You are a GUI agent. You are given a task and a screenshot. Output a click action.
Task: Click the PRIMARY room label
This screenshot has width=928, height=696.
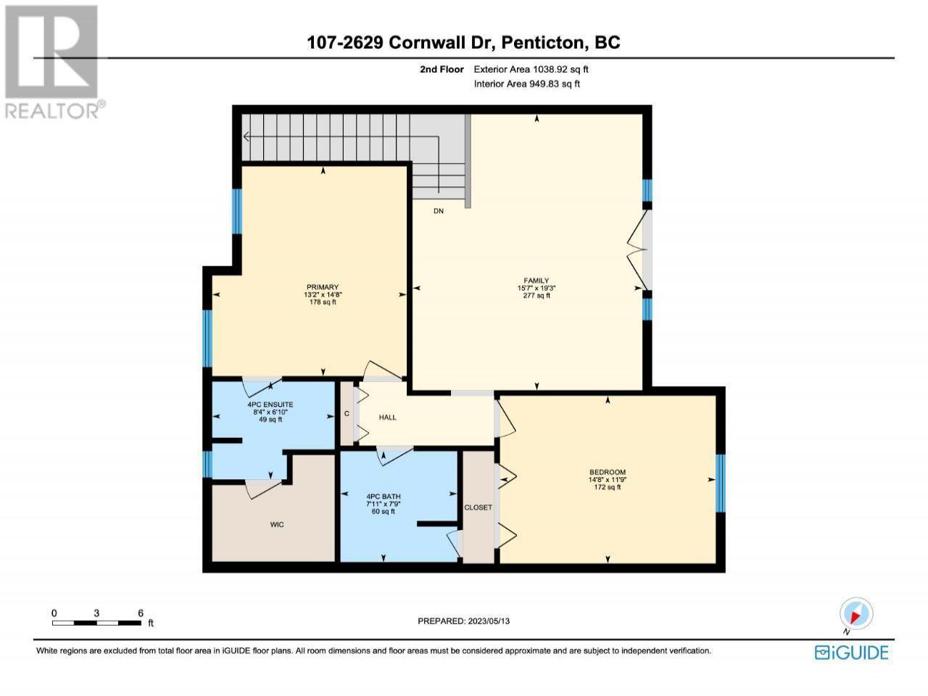coord(323,287)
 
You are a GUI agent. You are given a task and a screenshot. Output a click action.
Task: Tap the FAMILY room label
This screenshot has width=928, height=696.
coord(536,280)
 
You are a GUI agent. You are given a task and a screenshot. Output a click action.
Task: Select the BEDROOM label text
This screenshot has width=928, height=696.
coord(608,472)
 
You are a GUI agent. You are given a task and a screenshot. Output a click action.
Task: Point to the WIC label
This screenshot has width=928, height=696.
coord(277,524)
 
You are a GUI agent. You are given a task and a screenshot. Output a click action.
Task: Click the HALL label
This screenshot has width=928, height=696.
coord(387,417)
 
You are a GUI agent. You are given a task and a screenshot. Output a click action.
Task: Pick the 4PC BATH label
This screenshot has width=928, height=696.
coord(383,497)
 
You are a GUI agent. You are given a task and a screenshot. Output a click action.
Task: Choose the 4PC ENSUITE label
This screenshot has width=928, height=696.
coord(270,405)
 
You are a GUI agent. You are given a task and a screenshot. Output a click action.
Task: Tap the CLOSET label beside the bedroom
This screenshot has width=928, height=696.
coord(478,507)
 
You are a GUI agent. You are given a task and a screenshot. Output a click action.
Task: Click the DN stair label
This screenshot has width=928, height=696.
coord(439,211)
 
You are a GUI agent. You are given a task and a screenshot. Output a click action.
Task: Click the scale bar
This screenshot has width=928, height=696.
coord(97,623)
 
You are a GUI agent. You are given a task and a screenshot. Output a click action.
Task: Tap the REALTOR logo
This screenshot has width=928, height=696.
coord(52,62)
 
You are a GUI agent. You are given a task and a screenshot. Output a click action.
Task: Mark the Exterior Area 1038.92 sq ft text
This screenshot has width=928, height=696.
coord(531,70)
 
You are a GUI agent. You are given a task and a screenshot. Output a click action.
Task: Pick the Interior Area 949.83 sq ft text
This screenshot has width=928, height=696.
coord(527,83)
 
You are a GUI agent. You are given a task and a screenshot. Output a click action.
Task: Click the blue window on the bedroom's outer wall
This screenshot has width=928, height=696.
coord(721,483)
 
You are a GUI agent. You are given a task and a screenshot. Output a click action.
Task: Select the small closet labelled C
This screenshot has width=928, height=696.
coord(347,413)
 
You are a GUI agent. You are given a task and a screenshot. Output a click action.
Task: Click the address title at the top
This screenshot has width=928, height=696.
coord(463,42)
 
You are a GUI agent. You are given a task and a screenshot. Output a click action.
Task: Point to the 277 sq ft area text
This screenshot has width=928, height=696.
coord(536,295)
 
